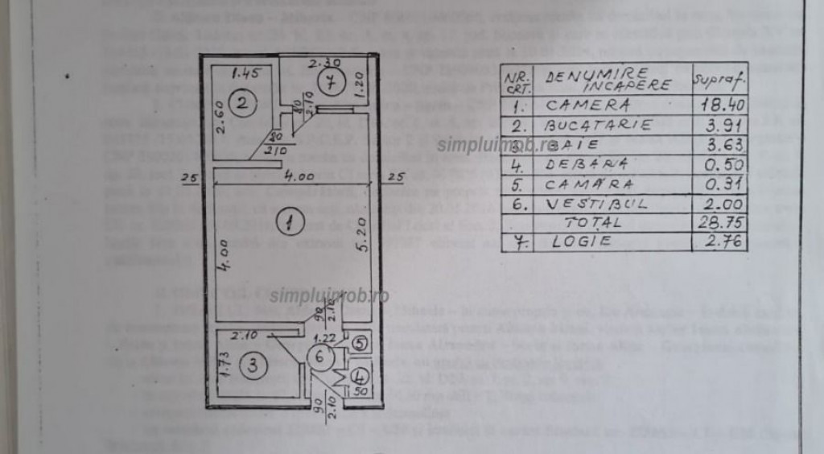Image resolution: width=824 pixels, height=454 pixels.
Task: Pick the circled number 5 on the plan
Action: click(x=359, y=342)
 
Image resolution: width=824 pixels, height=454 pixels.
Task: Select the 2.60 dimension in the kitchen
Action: click(x=220, y=117)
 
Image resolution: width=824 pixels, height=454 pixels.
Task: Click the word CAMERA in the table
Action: click(x=587, y=105)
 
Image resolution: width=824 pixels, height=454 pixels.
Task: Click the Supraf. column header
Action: click(x=719, y=80)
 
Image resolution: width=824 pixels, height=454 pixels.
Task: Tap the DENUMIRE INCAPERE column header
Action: click(x=597, y=80)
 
